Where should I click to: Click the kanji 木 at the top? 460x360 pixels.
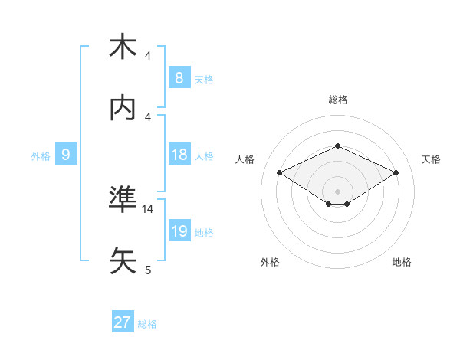[x=123, y=47]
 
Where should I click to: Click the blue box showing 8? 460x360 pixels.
[x=179, y=77]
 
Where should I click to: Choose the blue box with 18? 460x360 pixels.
[x=179, y=155]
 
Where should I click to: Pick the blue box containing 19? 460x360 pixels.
[x=179, y=231]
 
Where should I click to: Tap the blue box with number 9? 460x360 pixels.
[x=66, y=155]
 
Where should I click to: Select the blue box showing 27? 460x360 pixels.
[x=123, y=322]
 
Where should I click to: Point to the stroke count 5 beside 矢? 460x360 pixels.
[x=148, y=270]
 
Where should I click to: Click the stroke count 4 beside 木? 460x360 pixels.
[x=148, y=56]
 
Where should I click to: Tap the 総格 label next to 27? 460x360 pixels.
[x=147, y=324]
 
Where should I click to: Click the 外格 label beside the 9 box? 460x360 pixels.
[x=41, y=156]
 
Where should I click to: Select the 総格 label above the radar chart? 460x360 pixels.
[x=337, y=100]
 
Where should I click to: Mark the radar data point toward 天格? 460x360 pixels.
[x=396, y=173]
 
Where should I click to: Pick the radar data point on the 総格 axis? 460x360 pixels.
[x=337, y=146]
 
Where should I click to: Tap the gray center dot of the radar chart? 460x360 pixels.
[x=337, y=190]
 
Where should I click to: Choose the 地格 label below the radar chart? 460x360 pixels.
[x=402, y=262]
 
